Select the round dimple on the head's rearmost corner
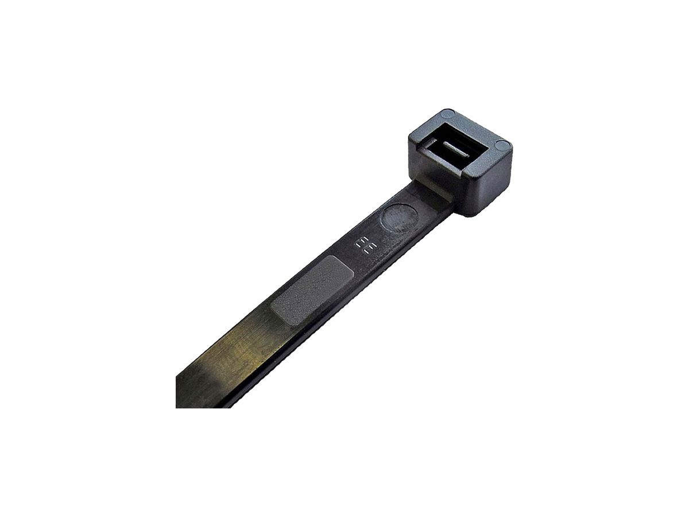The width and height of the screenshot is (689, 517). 449,113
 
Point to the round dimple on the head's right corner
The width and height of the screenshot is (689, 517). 501,144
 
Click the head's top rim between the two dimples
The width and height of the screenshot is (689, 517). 477,128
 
